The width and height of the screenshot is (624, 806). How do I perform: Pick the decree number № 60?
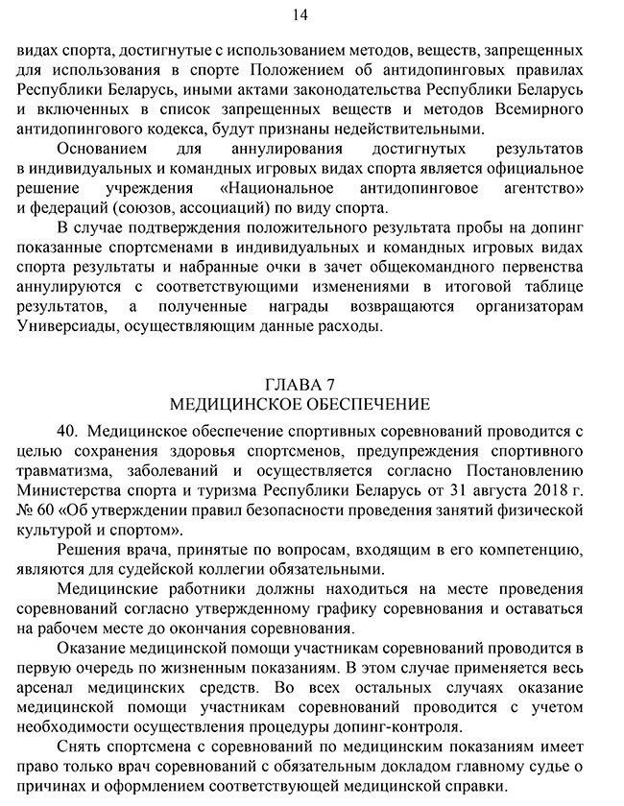pos(36,510)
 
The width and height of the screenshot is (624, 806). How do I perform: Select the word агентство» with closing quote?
pos(536,188)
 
